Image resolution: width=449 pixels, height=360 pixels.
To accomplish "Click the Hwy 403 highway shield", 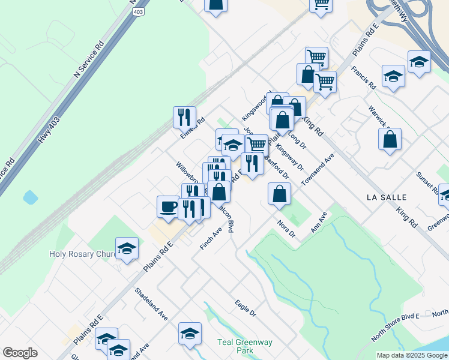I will point(139,11).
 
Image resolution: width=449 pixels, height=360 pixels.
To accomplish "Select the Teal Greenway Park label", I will point(244,346).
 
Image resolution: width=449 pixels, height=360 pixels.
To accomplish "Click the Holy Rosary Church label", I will point(82,254).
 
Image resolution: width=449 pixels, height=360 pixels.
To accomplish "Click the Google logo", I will point(20,353).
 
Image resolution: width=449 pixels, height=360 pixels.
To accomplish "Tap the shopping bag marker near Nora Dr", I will point(279,194).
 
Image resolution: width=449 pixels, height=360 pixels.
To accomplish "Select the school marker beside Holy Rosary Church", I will point(127,248).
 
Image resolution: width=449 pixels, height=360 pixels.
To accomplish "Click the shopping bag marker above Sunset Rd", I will point(390,139).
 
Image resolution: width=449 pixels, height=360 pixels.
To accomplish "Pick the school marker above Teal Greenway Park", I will point(190,334).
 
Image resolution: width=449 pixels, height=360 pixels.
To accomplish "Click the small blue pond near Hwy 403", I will point(29,197).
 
